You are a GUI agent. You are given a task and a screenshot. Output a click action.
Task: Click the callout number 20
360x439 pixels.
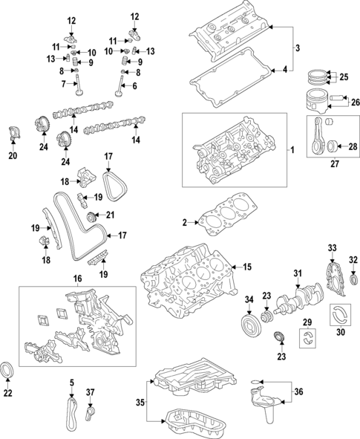click(x=12, y=156)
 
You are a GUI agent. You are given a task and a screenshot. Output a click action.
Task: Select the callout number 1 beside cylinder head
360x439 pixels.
click(x=292, y=150)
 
